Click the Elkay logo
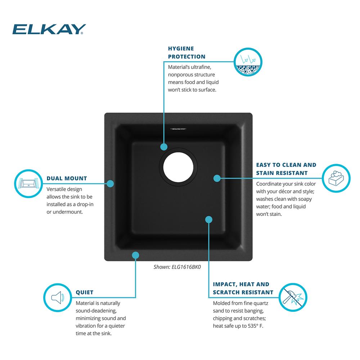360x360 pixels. pos(49,29)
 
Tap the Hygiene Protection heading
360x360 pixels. pos(186,53)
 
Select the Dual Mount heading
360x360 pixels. pos(67,179)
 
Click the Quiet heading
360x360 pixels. pos(85,292)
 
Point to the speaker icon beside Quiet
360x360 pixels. pos(58,298)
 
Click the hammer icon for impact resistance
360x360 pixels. pos(293,297)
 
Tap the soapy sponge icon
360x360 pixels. pos(336,178)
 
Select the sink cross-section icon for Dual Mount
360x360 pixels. pos(28,184)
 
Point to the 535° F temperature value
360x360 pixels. pos(255,326)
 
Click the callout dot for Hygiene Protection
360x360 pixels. pos(164,147)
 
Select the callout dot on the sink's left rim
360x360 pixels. pos(110,184)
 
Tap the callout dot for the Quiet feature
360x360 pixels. pos(135,255)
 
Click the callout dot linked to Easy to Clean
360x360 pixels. pos(217,178)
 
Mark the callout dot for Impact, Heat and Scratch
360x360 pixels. pos(209,220)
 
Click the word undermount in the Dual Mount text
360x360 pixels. pos(68,212)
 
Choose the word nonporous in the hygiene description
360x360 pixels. pos(180,75)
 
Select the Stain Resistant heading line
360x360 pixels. pos(282,173)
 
